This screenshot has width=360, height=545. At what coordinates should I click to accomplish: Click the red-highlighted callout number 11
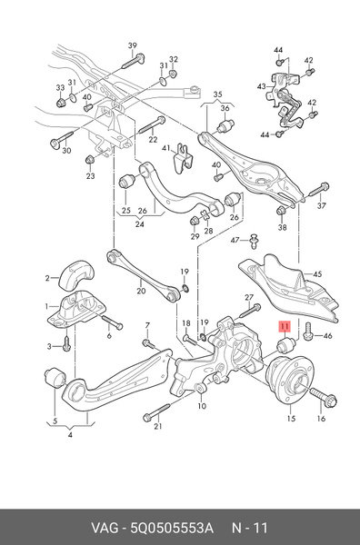pos(285,327)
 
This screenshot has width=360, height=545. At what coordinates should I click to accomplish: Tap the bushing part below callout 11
pos(286,343)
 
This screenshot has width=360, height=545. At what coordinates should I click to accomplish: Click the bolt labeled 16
pos(323,399)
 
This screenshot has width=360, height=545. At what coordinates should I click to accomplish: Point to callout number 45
pos(317,274)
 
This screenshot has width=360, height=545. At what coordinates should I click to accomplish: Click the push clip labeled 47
pos(255,242)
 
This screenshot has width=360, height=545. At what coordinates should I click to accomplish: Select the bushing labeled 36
pos(225,127)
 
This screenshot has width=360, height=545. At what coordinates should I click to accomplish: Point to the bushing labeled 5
pos(55,379)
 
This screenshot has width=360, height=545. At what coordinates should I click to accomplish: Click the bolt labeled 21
pos(156,411)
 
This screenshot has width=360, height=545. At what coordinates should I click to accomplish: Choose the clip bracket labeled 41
pos(184,158)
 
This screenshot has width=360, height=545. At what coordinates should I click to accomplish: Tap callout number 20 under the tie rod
pos(141,291)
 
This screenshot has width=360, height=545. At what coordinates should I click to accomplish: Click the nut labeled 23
pos(90,160)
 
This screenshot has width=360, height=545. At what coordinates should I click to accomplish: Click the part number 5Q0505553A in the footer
pos(172,528)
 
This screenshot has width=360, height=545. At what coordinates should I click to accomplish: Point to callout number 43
pos(262,86)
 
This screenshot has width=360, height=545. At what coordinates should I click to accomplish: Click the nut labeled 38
pos(281,211)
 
